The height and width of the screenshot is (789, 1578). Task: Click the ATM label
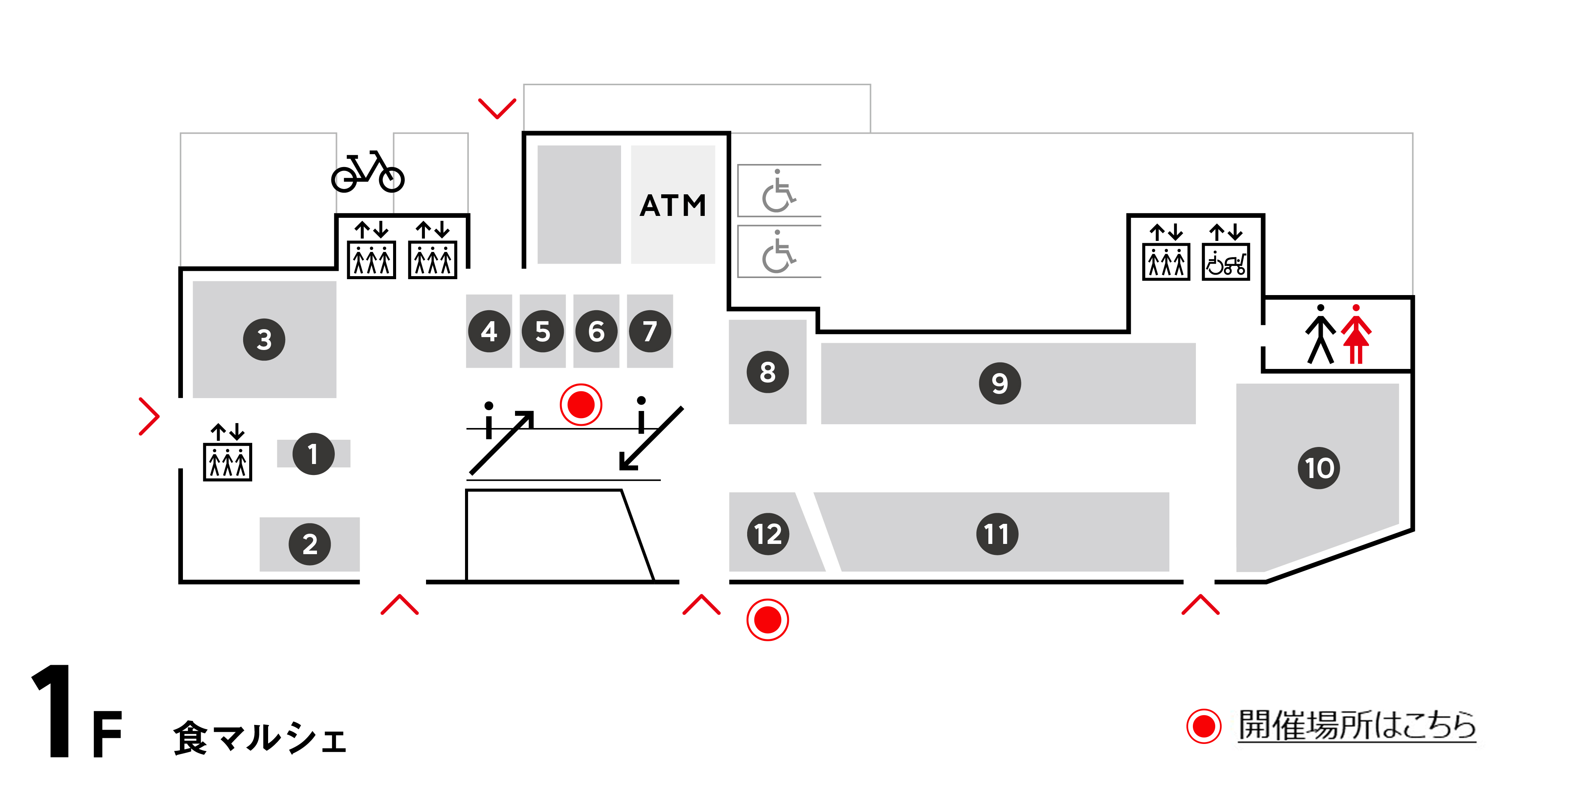pyautogui.click(x=673, y=205)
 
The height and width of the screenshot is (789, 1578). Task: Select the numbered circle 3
pyautogui.click(x=264, y=339)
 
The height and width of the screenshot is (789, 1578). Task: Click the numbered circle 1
pyautogui.click(x=313, y=454)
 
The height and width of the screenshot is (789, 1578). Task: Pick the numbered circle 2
pyautogui.click(x=310, y=544)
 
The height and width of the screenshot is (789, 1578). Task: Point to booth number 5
pyautogui.click(x=543, y=331)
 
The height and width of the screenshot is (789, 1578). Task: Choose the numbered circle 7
pyautogui.click(x=650, y=331)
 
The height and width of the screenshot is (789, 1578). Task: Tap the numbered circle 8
pyautogui.click(x=768, y=372)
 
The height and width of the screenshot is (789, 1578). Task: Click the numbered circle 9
pyautogui.click(x=1000, y=383)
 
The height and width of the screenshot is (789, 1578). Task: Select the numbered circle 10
pyautogui.click(x=1319, y=468)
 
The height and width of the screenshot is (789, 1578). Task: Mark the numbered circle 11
pyautogui.click(x=997, y=534)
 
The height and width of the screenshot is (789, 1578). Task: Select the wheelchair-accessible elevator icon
pyautogui.click(x=1226, y=262)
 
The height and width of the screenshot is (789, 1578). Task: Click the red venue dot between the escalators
pyautogui.click(x=581, y=404)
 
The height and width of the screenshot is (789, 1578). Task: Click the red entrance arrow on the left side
pyautogui.click(x=149, y=417)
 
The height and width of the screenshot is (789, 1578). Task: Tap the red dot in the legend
pyautogui.click(x=1204, y=727)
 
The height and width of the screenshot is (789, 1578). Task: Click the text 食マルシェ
pyautogui.click(x=260, y=737)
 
